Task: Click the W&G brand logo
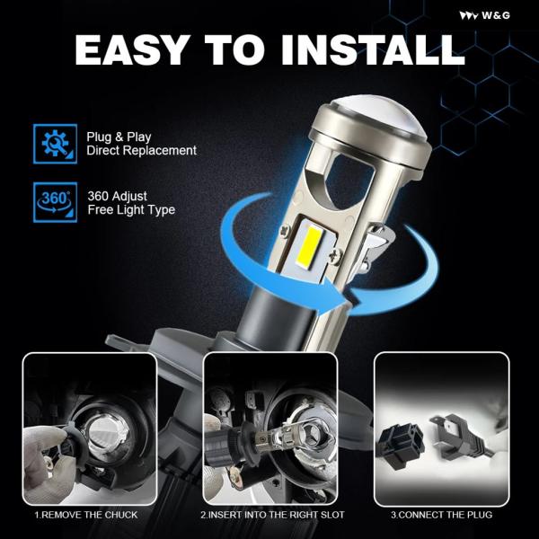[x=485, y=15]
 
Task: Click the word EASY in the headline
[x=132, y=49]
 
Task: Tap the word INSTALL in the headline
[x=373, y=49]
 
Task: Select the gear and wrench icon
[x=56, y=144]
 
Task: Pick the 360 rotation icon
[x=56, y=202]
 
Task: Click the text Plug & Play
[x=119, y=137]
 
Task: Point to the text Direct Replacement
[x=142, y=151]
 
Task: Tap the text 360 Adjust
[x=117, y=196]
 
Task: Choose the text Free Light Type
[x=131, y=209]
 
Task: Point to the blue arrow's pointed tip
[x=347, y=298]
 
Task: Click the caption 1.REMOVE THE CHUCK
[x=86, y=515]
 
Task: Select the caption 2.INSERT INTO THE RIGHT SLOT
[x=272, y=515]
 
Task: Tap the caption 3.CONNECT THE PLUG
[x=441, y=515]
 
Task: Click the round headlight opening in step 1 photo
[x=107, y=436]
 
